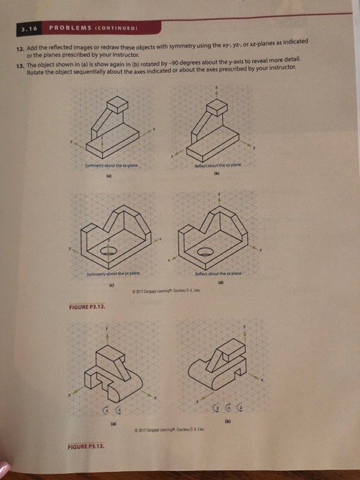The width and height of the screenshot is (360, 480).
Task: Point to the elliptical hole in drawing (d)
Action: [205, 253]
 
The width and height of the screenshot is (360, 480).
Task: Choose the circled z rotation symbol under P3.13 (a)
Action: [107, 411]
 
